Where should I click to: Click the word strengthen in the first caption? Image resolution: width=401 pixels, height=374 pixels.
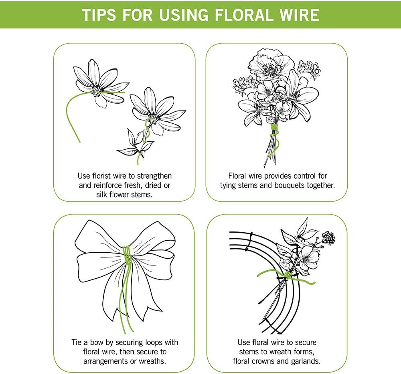tap(154, 176)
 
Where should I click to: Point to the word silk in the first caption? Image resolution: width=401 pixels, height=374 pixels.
tap(102, 195)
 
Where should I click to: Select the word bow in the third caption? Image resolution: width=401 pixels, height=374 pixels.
tap(96, 342)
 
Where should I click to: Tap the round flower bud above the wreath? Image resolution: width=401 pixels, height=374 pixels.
tap(328, 238)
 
